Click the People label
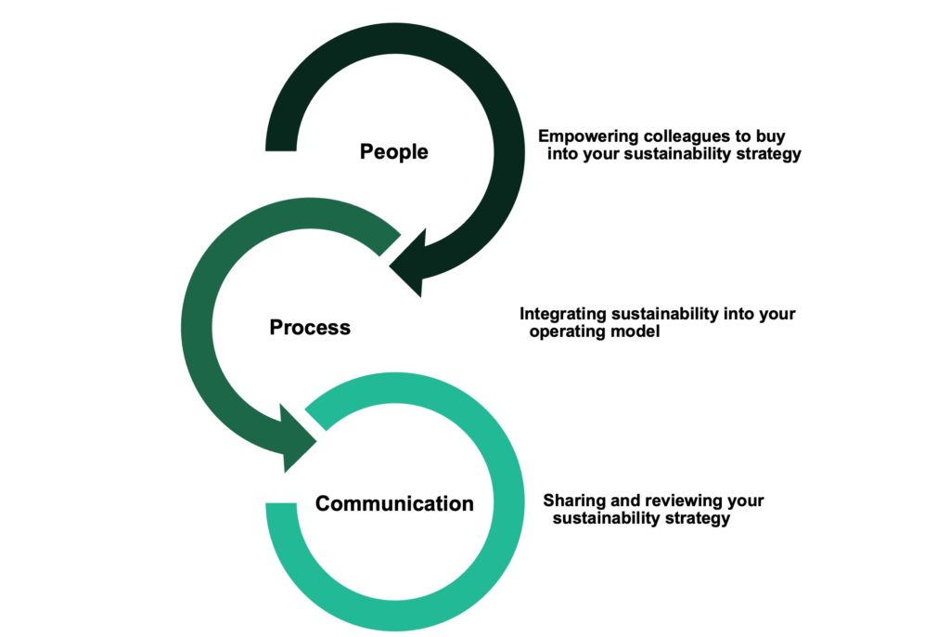(393, 151)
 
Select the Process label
(310, 328)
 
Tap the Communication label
(394, 503)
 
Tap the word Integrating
(563, 314)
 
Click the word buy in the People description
(770, 136)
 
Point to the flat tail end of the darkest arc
(281, 149)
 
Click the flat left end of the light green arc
(281, 503)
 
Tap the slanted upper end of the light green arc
(315, 417)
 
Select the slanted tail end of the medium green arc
(391, 244)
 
